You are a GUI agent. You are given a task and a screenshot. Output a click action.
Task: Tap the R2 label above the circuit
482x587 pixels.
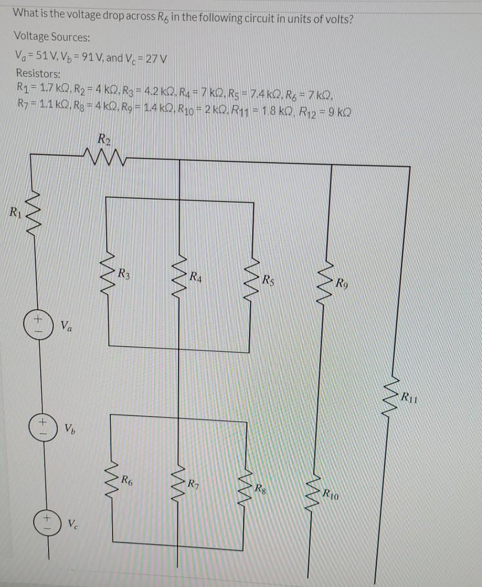[x=104, y=140]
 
